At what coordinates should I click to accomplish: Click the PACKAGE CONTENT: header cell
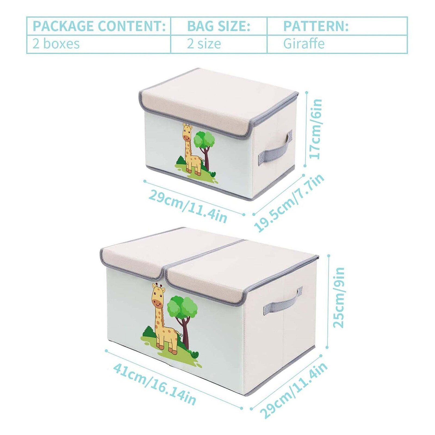[x=99, y=26]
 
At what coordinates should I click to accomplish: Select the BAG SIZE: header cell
[x=219, y=26]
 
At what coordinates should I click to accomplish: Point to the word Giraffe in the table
[x=304, y=44]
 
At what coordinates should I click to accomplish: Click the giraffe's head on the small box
[x=187, y=132]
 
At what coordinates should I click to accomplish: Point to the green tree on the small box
[x=204, y=140]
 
